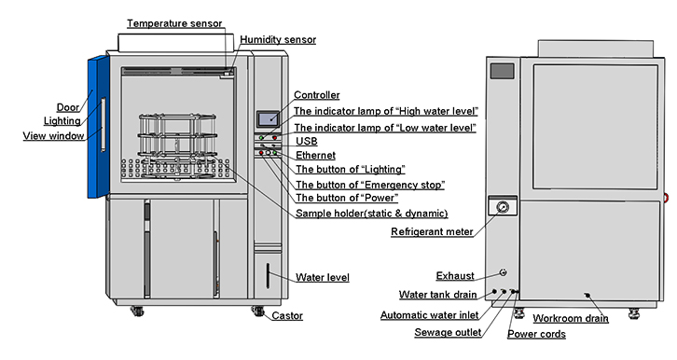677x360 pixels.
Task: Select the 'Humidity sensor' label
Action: [278, 39]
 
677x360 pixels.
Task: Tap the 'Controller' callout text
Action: [317, 95]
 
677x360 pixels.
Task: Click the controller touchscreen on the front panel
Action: [267, 118]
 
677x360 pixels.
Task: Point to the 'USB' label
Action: [306, 140]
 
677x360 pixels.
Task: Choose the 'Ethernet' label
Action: [315, 155]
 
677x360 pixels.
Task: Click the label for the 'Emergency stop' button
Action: [369, 184]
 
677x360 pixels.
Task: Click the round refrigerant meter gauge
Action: [504, 206]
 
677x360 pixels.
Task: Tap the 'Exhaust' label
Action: [455, 276]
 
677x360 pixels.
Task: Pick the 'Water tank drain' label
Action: [438, 295]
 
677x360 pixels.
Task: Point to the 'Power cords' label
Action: [536, 334]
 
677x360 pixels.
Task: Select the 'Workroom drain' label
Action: [571, 318]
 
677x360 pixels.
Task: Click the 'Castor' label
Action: [287, 316]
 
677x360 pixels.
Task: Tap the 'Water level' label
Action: [323, 277]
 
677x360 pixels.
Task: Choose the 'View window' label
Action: [54, 136]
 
